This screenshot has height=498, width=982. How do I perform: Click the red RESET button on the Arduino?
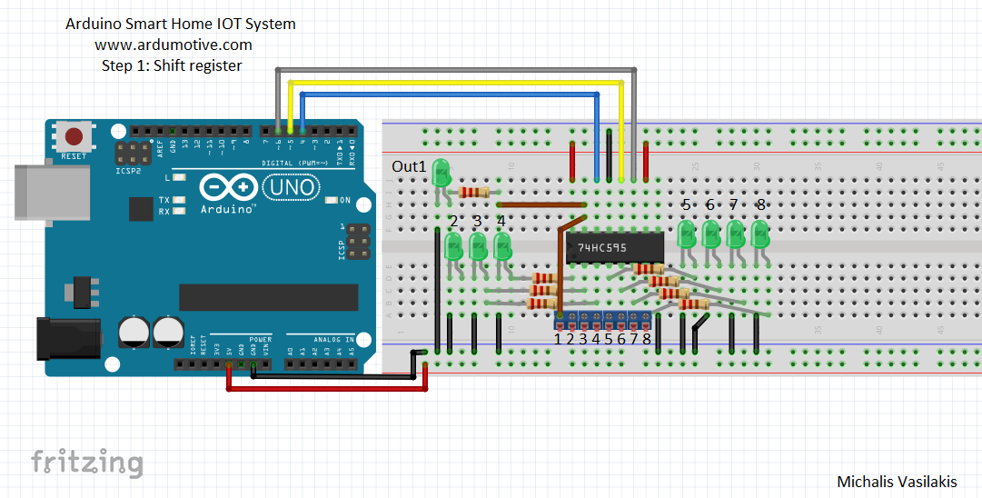(74, 137)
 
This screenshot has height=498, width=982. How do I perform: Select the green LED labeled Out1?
(441, 173)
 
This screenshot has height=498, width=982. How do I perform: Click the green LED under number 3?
(477, 245)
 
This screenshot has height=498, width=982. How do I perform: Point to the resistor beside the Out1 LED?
(474, 192)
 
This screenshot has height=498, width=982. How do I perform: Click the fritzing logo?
(87, 462)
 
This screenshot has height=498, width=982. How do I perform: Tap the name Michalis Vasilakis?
(896, 483)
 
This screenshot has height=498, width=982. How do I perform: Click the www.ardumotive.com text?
(173, 45)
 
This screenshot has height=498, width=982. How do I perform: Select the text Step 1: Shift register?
(172, 65)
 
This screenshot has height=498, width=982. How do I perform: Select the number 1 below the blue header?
(559, 339)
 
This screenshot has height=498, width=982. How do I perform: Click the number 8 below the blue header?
(647, 339)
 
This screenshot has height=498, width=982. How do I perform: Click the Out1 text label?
(409, 166)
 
